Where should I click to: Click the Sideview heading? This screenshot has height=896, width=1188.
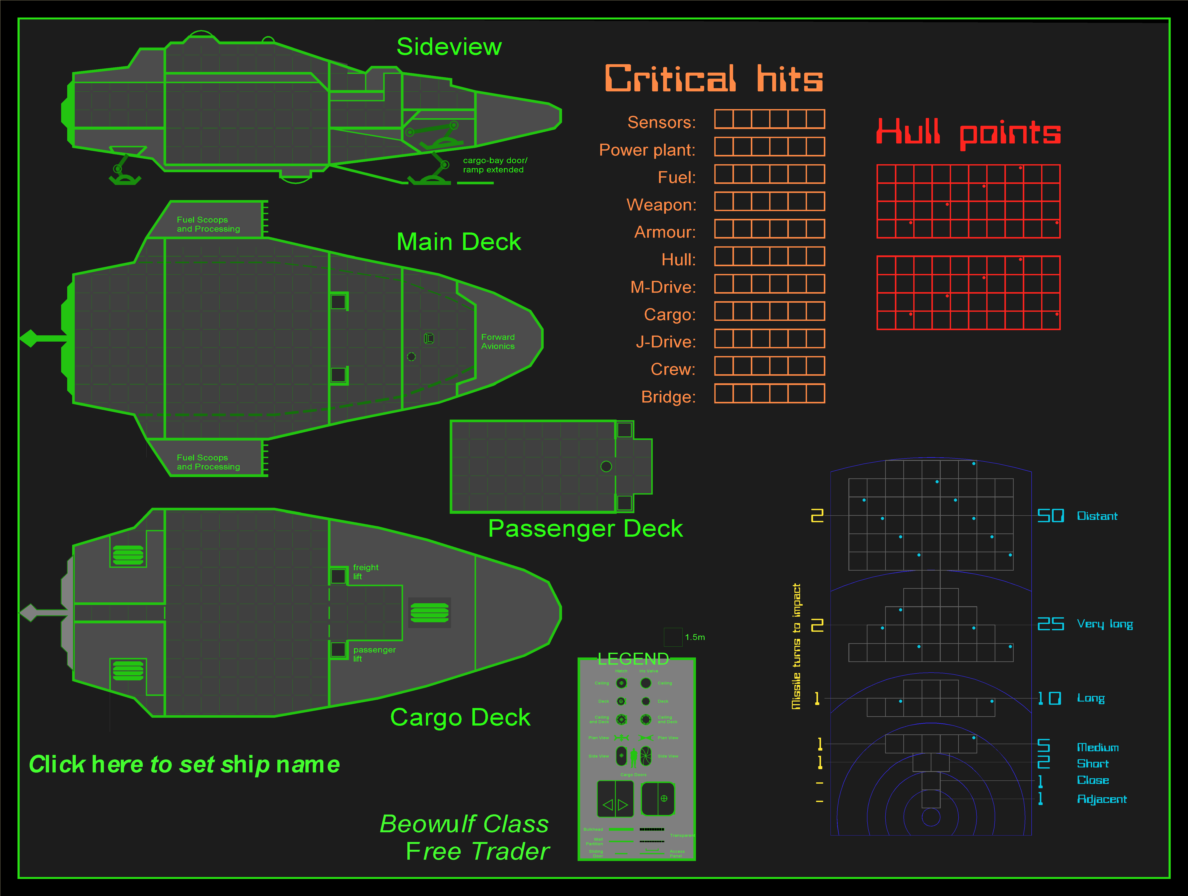coord(449,47)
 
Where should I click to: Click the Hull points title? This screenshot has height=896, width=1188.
coord(968,132)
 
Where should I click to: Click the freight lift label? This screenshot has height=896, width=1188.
coord(365,571)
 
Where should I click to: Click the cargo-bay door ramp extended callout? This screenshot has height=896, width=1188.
coord(495,165)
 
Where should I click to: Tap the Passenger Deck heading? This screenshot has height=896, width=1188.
coord(585,528)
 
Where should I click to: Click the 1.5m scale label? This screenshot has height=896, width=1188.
coord(694,637)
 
